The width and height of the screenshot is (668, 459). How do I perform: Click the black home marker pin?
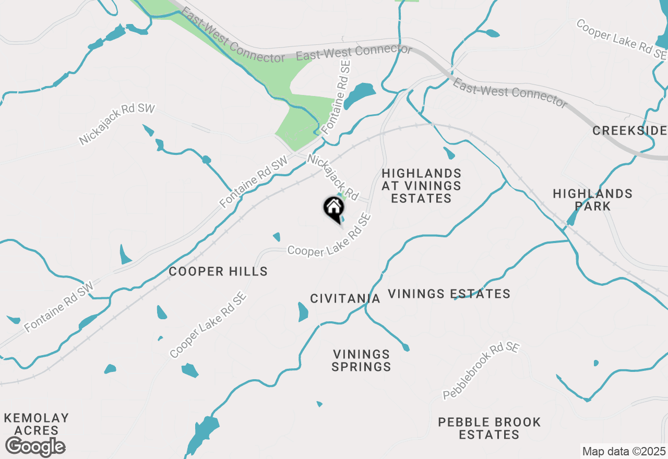tap(334, 209)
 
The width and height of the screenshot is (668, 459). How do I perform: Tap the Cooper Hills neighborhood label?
tap(218, 271)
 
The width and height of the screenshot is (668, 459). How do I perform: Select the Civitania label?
tap(345, 298)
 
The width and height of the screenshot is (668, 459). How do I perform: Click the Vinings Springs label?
tap(361, 360)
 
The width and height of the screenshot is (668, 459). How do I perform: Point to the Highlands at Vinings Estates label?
tap(421, 186)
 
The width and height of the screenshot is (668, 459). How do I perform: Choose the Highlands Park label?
tap(592, 200)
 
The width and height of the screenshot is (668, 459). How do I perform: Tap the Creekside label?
tap(629, 130)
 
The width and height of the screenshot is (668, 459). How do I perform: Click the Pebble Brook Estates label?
tap(489, 428)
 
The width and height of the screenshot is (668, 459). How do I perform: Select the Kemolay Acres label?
tap(36, 424)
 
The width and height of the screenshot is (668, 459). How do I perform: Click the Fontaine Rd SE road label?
tap(336, 96)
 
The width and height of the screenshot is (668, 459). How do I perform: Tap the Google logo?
tap(35, 446)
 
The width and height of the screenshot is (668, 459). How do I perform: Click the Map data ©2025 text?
tap(624, 451)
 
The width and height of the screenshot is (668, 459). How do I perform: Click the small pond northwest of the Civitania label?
tap(276, 237)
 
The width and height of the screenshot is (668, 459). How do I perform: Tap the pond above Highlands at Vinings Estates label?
tap(449, 153)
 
